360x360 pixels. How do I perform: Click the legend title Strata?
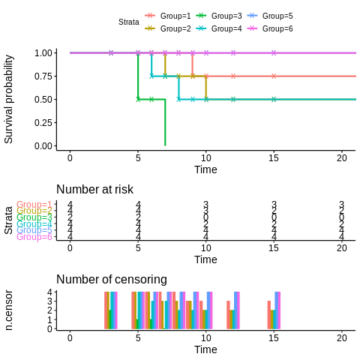coord(128,22)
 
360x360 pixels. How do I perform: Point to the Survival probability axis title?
coord(9,98)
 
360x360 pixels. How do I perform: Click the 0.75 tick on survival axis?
coord(43,76)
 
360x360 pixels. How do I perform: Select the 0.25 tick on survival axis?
coord(43,123)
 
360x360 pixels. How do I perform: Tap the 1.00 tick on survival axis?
coord(43,53)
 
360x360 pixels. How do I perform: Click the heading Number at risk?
coord(94,190)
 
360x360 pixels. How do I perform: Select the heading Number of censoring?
coord(111,280)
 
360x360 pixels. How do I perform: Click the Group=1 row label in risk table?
coord(34,205)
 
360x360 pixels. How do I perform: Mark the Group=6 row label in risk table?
coord(34,237)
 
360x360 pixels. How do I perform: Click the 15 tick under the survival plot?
coord(274,157)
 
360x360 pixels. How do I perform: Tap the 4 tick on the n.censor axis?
coord(49,292)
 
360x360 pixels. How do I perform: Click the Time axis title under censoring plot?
coord(205,349)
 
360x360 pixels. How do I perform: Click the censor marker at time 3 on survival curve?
coord(111,53)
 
